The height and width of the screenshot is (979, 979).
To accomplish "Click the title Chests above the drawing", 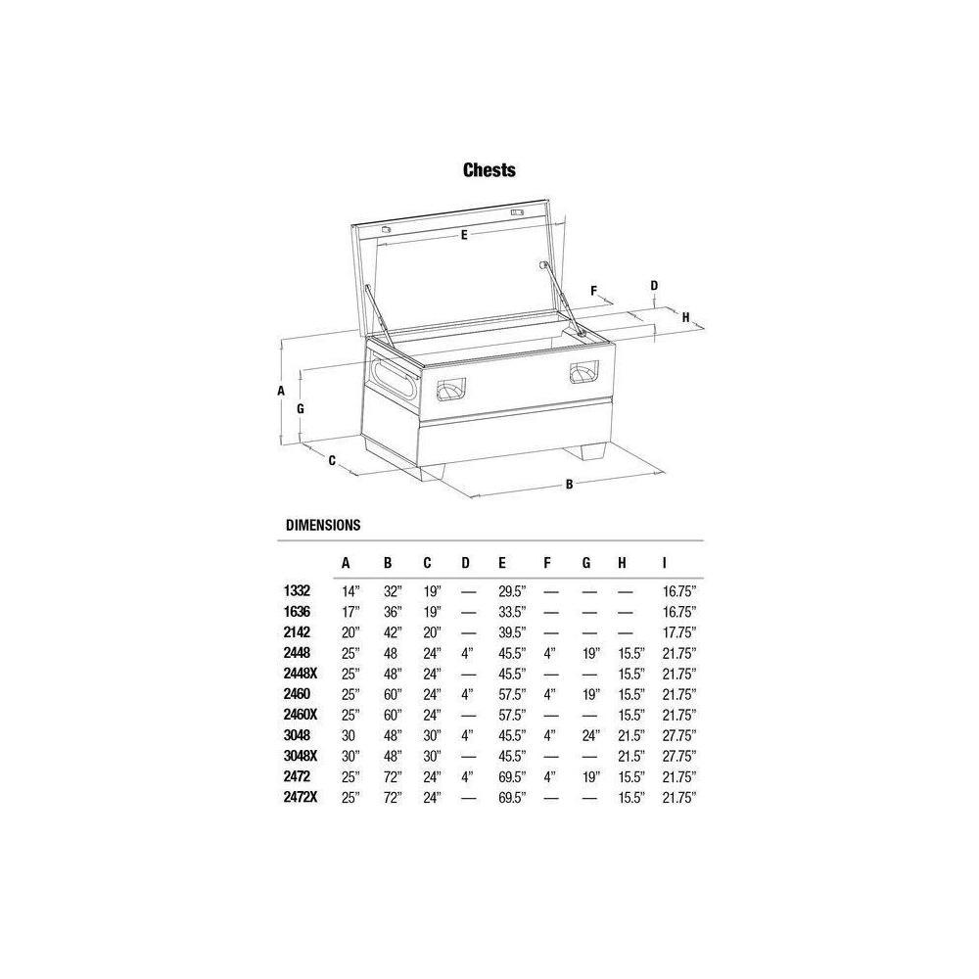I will tap(489, 169).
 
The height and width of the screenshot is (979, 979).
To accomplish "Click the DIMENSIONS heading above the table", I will tap(323, 525).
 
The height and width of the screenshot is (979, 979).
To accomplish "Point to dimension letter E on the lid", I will tap(463, 235).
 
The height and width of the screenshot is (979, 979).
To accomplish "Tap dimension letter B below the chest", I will tap(569, 483).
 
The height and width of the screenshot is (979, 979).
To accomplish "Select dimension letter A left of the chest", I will tap(281, 390).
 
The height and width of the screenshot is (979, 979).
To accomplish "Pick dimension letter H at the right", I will tap(685, 316).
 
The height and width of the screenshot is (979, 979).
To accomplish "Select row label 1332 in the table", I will tap(298, 591).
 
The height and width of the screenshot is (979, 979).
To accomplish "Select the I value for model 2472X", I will tap(678, 798).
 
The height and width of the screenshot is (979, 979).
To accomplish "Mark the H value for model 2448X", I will tap(630, 674).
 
